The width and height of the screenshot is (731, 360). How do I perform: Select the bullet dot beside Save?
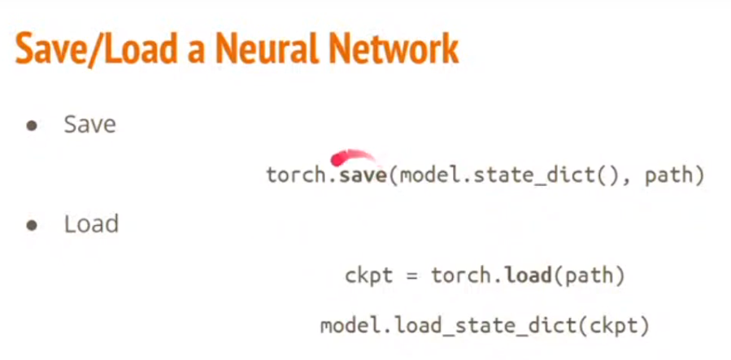click(x=33, y=127)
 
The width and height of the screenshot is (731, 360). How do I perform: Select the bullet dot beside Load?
click(x=33, y=226)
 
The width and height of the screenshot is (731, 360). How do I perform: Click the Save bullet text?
click(x=89, y=125)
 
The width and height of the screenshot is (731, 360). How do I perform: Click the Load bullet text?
click(x=91, y=224)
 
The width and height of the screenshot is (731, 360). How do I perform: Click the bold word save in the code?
click(x=363, y=175)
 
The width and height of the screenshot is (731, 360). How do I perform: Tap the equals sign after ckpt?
click(x=412, y=276)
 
